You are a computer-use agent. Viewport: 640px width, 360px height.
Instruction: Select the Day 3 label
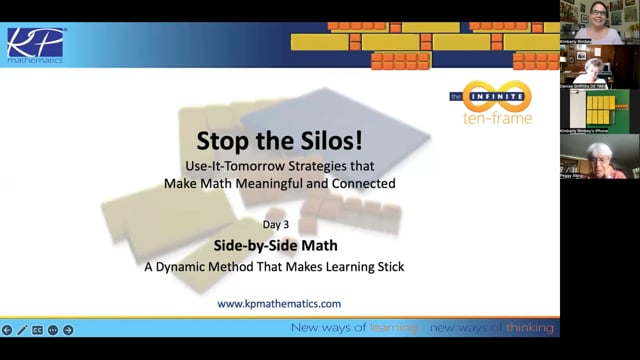pos(279,225)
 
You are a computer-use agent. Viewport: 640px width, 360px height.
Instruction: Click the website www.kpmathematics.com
pos(279,303)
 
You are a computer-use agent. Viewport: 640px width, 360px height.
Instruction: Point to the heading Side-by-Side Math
pos(279,245)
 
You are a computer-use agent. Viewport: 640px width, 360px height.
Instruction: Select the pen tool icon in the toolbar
pos(22,329)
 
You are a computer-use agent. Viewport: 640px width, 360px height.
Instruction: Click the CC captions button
pos(38,329)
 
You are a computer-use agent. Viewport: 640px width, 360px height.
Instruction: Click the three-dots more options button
pos(53,329)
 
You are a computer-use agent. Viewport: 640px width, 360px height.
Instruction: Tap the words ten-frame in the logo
pos(490,118)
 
